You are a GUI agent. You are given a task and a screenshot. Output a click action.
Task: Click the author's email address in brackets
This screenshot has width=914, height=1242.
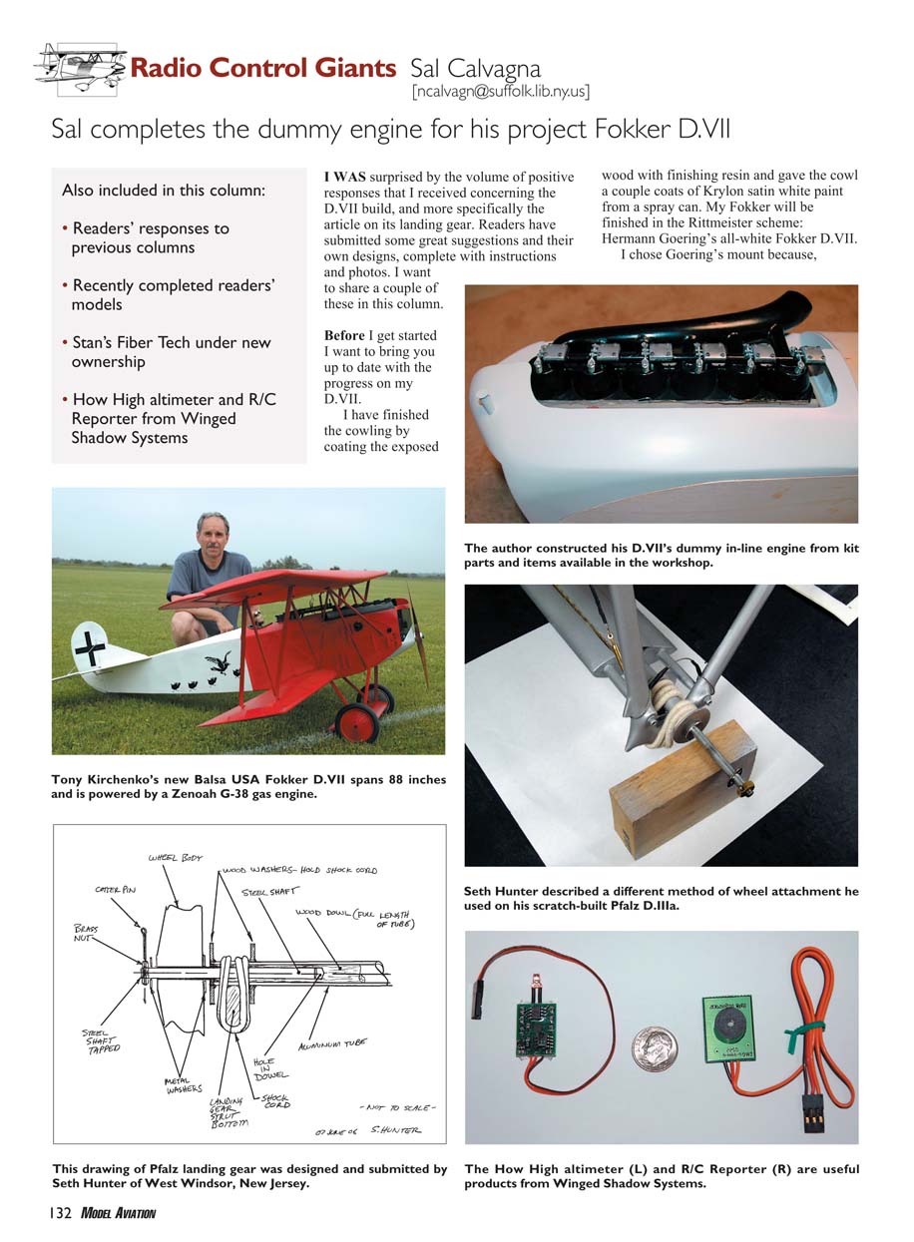click(x=500, y=92)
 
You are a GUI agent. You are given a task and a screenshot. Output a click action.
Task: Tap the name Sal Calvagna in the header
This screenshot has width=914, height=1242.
click(x=476, y=69)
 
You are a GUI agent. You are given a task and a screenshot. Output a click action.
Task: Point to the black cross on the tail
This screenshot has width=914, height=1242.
click(x=90, y=648)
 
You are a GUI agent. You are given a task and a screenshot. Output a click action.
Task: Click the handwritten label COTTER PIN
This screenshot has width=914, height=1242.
click(x=115, y=888)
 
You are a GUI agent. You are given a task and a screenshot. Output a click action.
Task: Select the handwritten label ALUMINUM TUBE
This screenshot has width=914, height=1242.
click(x=333, y=1042)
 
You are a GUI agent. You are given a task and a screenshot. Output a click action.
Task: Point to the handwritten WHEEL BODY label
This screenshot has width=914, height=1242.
click(x=175, y=857)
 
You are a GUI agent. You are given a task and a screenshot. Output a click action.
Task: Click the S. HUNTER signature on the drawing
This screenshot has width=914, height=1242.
click(x=395, y=1130)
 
